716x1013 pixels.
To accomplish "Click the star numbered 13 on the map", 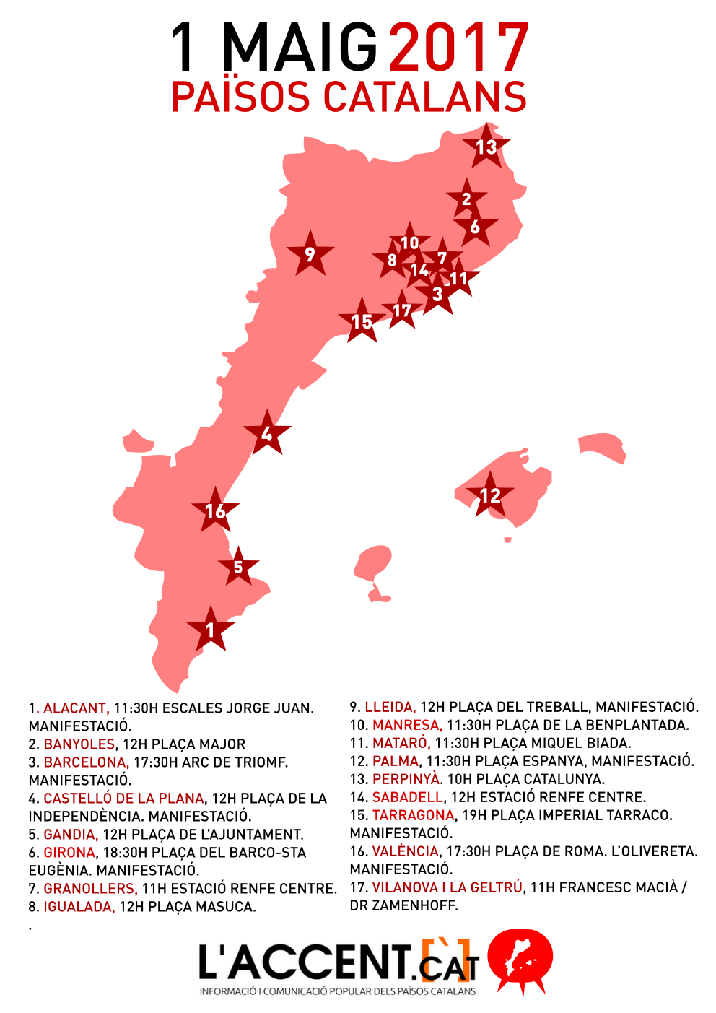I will click(486, 147).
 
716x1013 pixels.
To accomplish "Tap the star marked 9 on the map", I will click(310, 254).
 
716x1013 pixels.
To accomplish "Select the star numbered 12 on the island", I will click(490, 495).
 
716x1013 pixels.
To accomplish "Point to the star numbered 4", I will click(267, 434).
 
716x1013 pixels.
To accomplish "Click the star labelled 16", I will click(215, 510).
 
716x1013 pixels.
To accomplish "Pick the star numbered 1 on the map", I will click(210, 630).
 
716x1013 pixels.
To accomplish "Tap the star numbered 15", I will click(362, 321).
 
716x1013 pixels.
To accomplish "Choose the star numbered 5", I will click(238, 567).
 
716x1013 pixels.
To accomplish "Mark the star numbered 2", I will click(466, 199).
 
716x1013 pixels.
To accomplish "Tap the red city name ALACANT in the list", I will click(76, 708).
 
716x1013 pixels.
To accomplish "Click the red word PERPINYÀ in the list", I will click(406, 779).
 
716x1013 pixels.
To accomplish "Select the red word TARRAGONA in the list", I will click(413, 815).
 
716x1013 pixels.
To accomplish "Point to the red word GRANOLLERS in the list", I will click(90, 889).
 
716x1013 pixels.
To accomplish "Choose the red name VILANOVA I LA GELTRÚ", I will click(447, 887).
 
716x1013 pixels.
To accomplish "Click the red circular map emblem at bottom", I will click(520, 960).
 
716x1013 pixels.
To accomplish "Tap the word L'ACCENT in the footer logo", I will click(303, 962).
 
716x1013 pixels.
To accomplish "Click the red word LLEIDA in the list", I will click(390, 707).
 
